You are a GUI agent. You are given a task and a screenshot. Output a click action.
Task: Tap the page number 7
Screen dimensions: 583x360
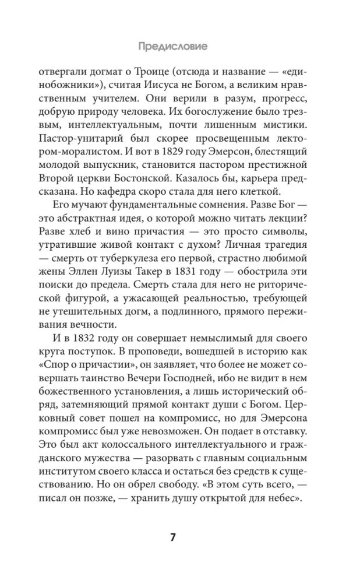point(173,537)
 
